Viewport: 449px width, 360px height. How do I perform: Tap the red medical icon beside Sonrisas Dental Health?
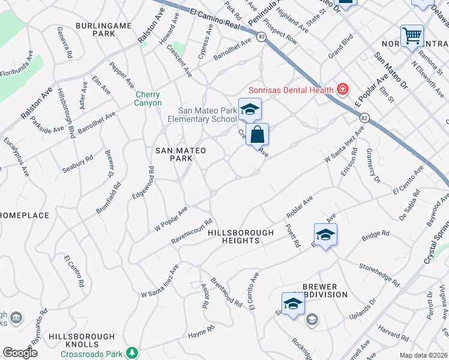click(x=343, y=90)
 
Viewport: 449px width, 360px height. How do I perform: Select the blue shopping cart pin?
click(x=412, y=36)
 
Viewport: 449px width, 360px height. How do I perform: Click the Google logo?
click(x=20, y=353)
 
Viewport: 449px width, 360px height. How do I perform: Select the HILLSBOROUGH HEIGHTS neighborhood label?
click(x=241, y=236)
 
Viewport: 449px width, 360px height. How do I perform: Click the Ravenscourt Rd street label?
click(x=191, y=230)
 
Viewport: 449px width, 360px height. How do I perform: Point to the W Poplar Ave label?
click(x=171, y=218)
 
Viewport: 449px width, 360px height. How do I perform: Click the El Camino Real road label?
click(x=214, y=20)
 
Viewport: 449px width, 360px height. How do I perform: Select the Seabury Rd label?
click(x=78, y=164)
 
